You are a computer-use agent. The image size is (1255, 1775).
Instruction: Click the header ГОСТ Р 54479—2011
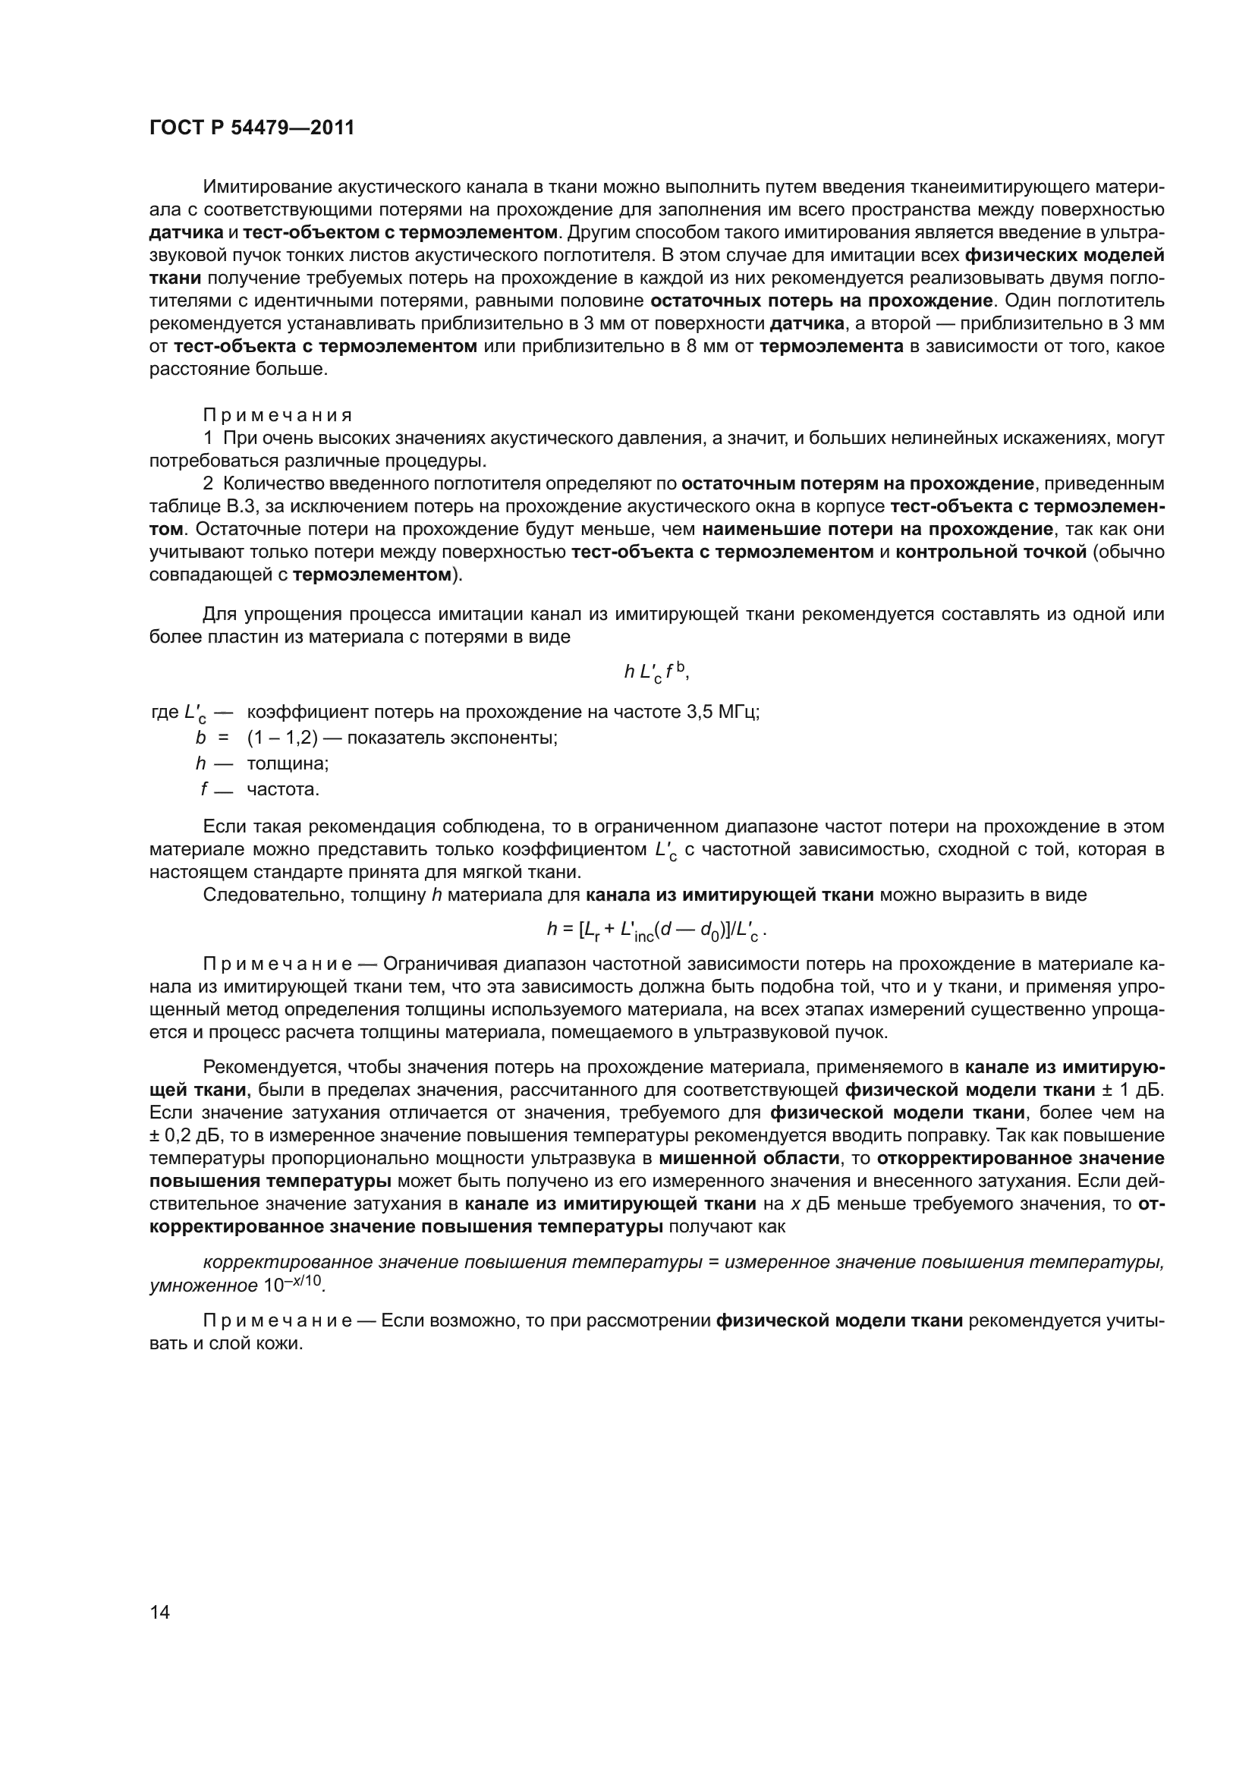pos(252,128)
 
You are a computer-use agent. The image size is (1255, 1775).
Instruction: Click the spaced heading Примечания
pos(278,415)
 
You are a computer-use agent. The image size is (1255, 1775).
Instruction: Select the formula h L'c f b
pos(656,673)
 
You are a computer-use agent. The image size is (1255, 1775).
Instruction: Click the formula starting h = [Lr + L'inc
pos(656,931)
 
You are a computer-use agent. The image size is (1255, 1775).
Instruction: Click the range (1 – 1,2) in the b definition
pos(282,738)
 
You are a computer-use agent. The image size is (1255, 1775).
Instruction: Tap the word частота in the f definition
pos(283,789)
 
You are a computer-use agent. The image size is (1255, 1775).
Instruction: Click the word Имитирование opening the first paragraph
pos(260,187)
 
